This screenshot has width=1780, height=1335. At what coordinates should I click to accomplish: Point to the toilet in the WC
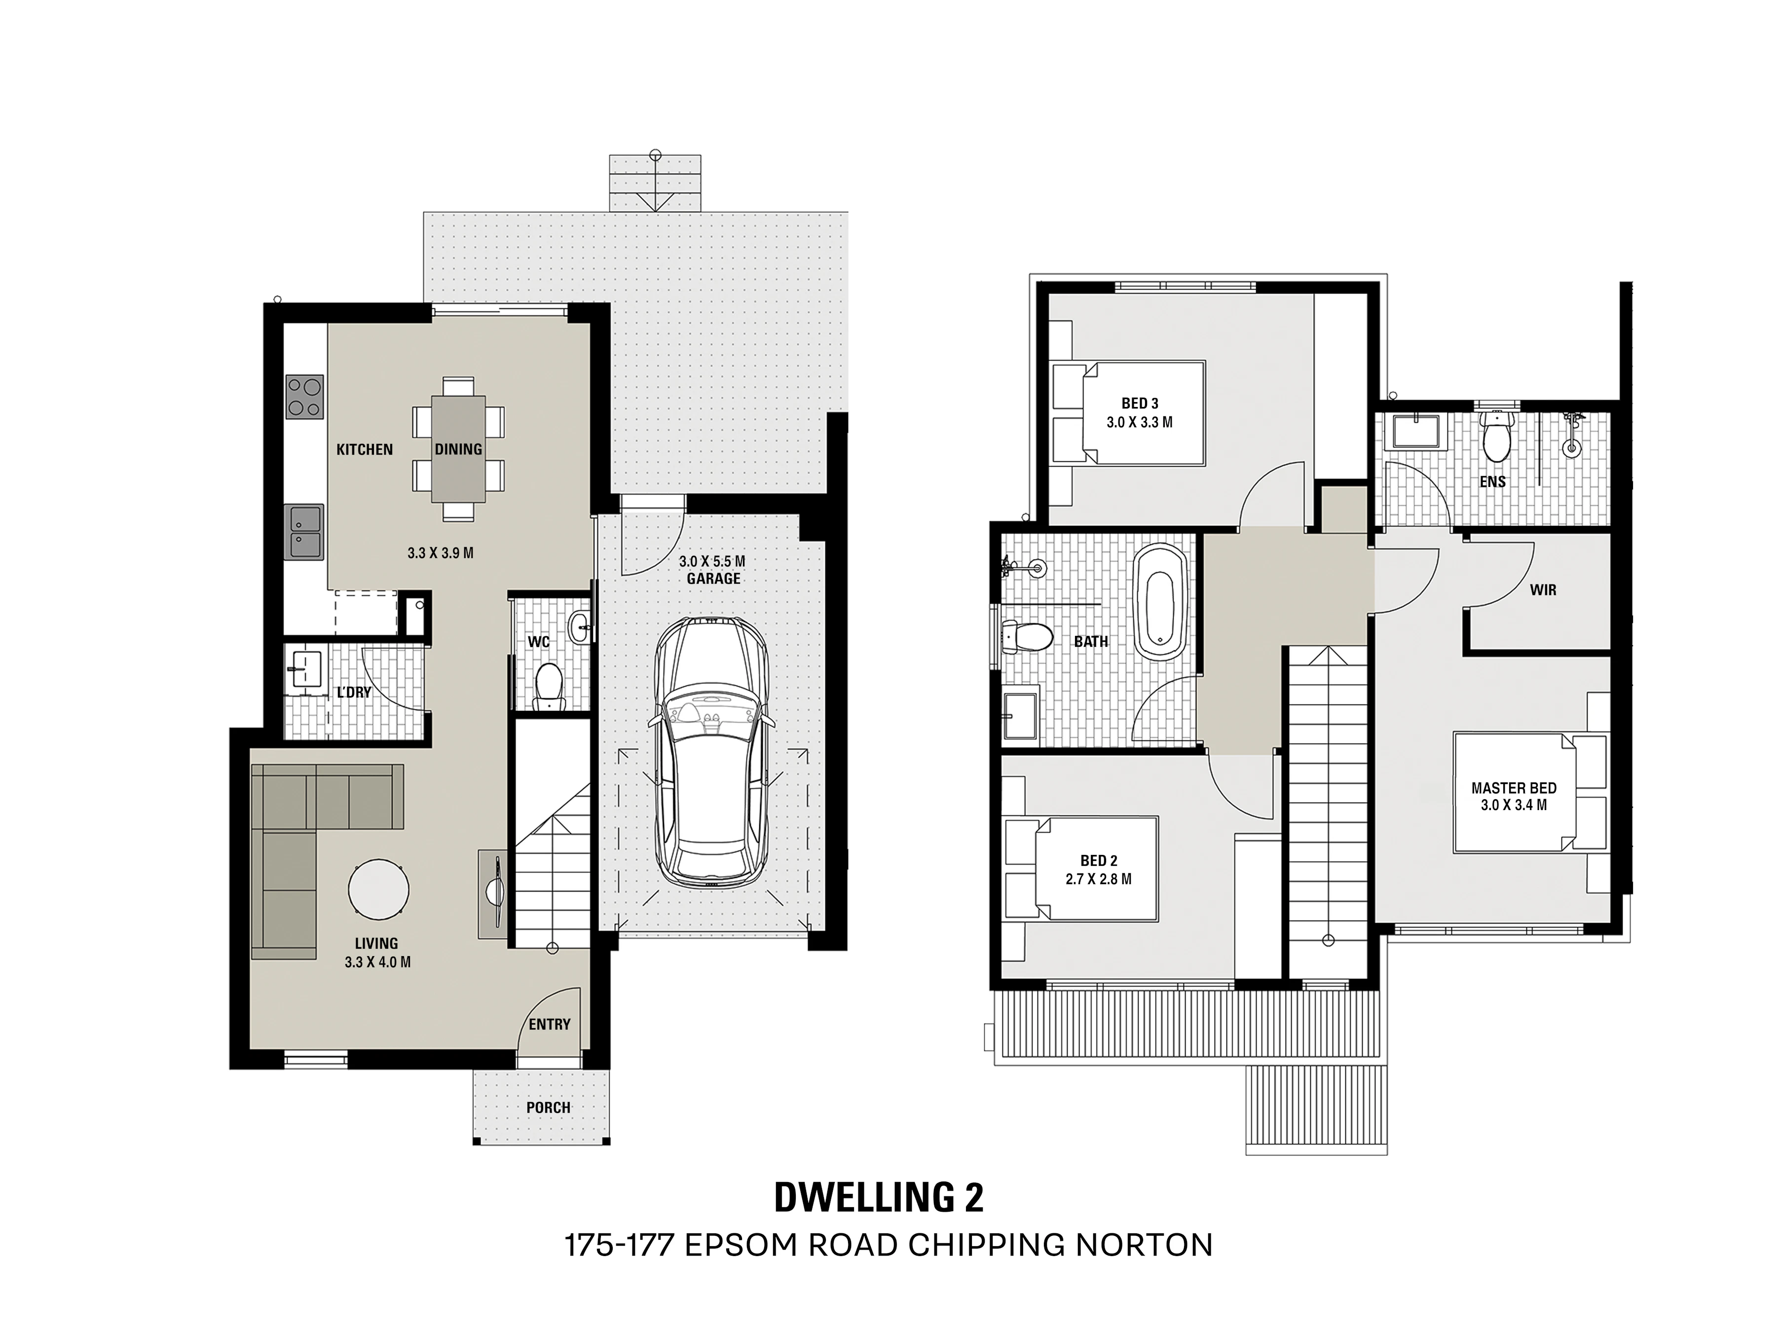point(550,686)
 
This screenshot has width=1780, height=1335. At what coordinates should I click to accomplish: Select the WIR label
point(1543,590)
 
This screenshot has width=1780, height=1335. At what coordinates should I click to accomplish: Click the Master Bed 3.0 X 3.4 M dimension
point(1514,805)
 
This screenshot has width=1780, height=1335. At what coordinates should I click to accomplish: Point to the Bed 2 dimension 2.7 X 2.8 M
point(1098,880)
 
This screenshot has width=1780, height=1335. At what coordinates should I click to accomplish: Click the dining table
point(459,448)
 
